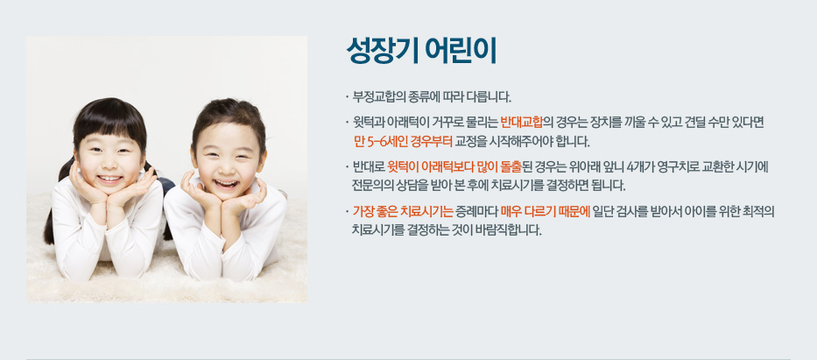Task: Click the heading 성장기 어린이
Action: (421, 51)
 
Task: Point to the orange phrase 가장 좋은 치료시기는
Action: (403, 211)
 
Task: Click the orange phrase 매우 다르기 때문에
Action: (545, 211)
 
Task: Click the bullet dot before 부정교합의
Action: (346, 97)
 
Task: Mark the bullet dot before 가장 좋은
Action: (346, 212)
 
